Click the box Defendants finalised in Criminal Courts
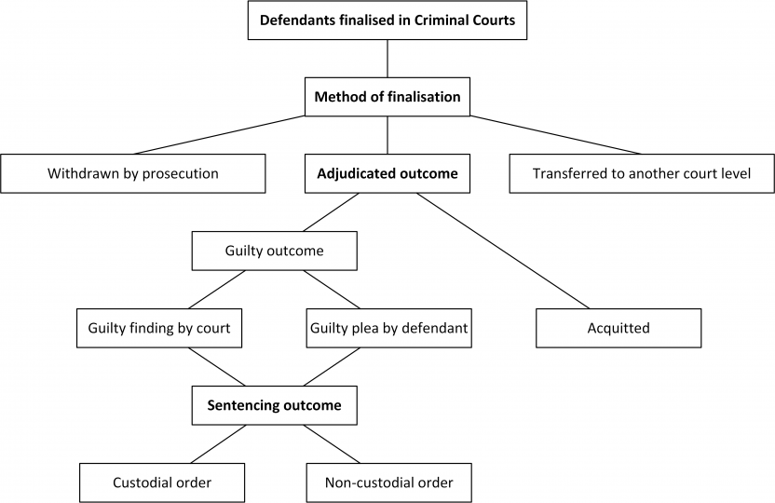387,20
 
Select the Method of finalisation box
387,97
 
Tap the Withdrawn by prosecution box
133,173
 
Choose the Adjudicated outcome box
387,173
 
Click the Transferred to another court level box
642,173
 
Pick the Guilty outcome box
274,251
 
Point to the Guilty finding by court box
158,328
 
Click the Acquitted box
619,328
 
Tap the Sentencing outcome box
274,405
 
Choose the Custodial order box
162,483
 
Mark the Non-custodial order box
388,483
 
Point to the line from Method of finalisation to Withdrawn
220,135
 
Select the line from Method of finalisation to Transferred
555,135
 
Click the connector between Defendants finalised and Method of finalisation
387,59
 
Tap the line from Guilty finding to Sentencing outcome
217,367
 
